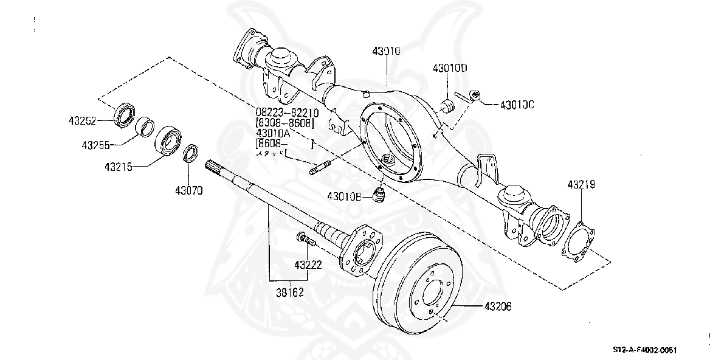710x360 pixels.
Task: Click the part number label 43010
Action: [386, 52]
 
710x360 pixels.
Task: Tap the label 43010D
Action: [449, 67]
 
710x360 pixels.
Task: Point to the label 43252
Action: [82, 120]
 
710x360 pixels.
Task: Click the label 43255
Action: [97, 145]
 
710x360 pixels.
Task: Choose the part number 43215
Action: [118, 165]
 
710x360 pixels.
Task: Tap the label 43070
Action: [188, 190]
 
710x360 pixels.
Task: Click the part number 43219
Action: [581, 184]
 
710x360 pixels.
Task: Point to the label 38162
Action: [289, 292]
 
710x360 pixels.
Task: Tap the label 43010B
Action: [345, 196]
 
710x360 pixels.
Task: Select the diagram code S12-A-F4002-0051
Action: [644, 350]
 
